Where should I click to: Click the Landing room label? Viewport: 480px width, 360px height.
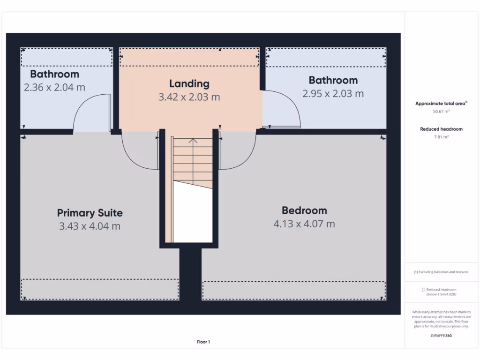[189, 84]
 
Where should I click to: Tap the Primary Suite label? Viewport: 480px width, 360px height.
[90, 213]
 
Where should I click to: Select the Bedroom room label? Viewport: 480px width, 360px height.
[304, 210]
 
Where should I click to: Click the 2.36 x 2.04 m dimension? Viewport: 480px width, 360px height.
[54, 87]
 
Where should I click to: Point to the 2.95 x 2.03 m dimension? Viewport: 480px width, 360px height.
[333, 93]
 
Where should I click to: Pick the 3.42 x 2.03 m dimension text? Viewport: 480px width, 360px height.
[189, 97]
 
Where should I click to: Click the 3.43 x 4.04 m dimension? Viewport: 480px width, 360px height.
[90, 226]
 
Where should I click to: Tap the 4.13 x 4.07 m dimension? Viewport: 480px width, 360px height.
[304, 224]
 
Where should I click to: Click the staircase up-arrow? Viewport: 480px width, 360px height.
[193, 140]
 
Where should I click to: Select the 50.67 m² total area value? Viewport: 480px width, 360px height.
[441, 112]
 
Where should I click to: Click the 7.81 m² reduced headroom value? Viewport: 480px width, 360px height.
[441, 137]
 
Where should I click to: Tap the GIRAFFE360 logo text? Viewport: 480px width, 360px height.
[441, 336]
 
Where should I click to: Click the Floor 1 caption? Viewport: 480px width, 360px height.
[203, 342]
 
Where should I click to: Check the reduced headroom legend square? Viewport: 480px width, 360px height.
[423, 290]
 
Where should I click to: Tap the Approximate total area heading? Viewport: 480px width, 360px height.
[441, 104]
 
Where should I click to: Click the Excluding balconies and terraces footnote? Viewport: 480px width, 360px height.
[441, 272]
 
